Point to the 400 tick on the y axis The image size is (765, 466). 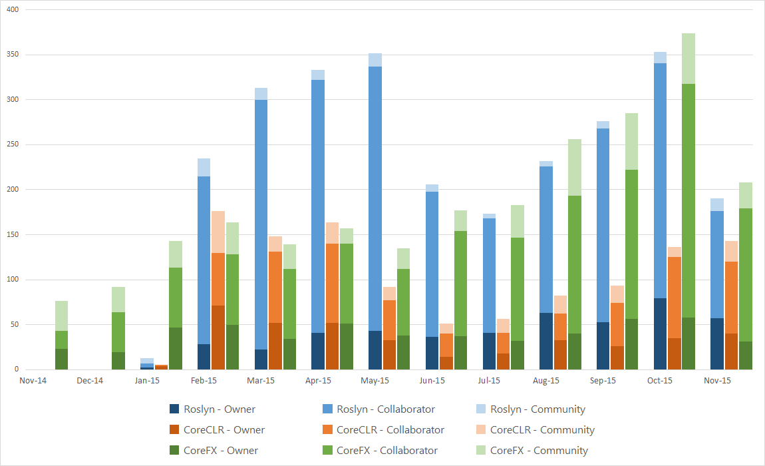tap(13, 10)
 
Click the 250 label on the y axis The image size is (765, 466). tap(13, 144)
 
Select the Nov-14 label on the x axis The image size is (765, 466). tap(33, 381)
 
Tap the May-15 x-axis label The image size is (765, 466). tap(375, 381)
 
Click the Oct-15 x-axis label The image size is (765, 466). tap(660, 381)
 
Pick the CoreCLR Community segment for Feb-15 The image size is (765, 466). tap(218, 232)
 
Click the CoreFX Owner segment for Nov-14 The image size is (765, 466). tap(61, 359)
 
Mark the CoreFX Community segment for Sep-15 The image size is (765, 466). tap(631, 141)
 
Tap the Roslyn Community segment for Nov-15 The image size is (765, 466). tap(717, 204)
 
